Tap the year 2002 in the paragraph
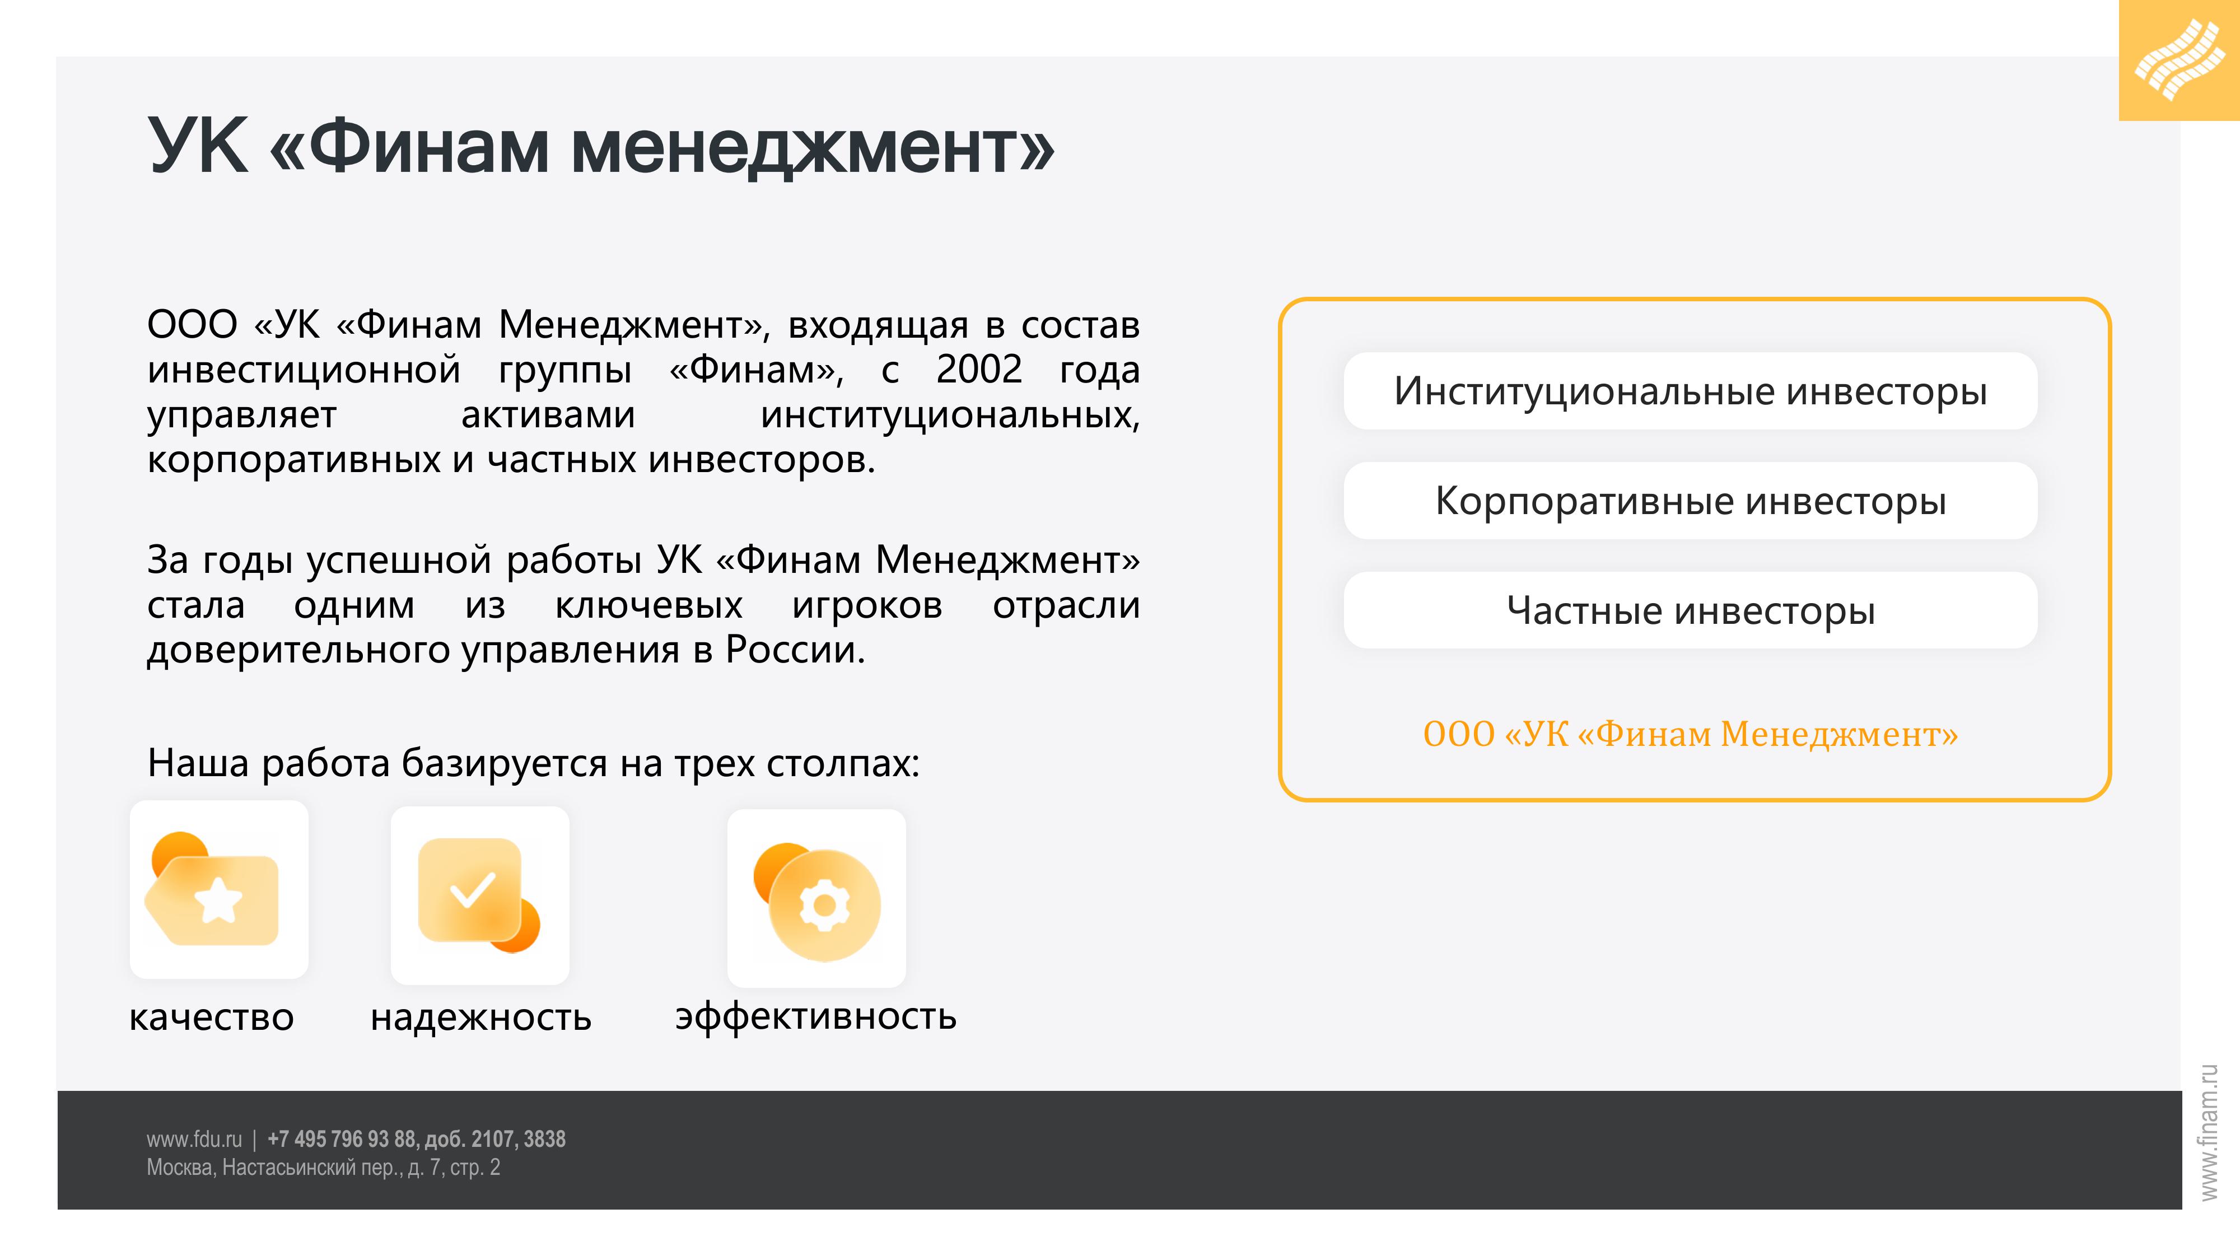[978, 370]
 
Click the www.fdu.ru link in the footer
[194, 1139]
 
